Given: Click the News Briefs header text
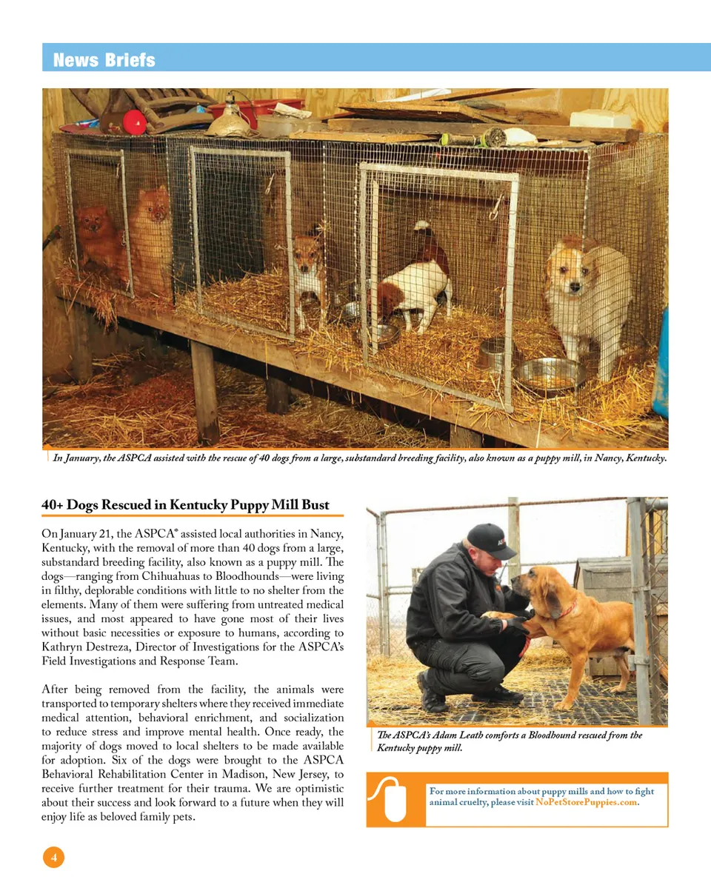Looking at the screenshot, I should (104, 60).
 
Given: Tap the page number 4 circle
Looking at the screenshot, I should (53, 857).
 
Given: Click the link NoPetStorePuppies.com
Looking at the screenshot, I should (586, 803).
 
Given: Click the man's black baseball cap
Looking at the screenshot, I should (490, 539).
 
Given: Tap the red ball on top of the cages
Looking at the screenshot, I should (134, 121).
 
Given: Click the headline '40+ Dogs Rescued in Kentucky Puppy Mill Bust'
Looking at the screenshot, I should (185, 505).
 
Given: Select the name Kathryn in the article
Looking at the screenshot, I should (66, 647).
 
